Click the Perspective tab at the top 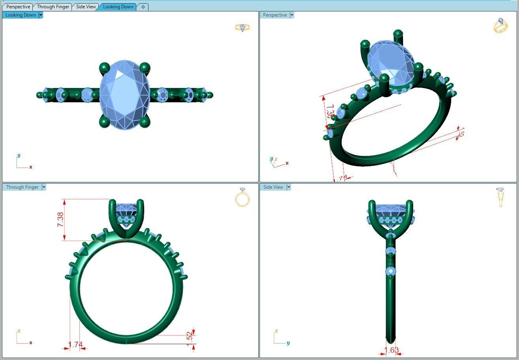tap(18, 7)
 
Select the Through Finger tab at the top tap(53, 7)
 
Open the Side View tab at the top tap(86, 7)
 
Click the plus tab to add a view tap(143, 7)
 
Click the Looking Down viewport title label tap(21, 15)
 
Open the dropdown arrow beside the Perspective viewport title tap(292, 15)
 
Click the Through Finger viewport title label tap(22, 187)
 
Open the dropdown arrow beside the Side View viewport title tap(289, 187)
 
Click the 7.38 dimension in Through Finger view tap(60, 219)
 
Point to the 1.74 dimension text tap(75, 345)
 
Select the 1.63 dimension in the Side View tap(391, 350)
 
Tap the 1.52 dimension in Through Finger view tap(190, 336)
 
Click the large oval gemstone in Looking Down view tap(125, 95)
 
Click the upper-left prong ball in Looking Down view tap(104, 67)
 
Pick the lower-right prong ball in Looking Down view tap(145, 122)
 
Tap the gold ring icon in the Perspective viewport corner tap(500, 26)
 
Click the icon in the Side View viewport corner tap(500, 197)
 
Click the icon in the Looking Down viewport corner tap(242, 28)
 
